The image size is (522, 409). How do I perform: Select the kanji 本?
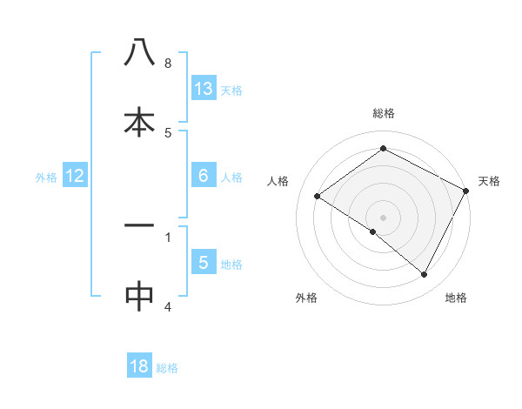point(139,122)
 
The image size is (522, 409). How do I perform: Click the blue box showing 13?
point(204,89)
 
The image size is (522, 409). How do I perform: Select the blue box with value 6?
point(204,176)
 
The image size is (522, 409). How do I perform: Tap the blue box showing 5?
point(204,263)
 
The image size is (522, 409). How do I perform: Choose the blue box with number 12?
point(75,176)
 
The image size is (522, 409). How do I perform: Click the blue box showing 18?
point(139,366)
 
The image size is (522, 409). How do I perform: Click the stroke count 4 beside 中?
point(168,306)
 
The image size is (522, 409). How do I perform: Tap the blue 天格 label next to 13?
point(231,91)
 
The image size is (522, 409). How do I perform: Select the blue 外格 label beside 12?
point(46,178)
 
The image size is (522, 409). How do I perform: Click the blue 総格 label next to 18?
point(167,368)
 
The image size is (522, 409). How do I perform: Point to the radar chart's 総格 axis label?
point(384,113)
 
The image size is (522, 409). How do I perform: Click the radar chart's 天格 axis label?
point(489,181)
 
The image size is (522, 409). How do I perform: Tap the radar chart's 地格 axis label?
point(456,298)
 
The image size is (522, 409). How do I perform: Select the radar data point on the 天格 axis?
point(466,191)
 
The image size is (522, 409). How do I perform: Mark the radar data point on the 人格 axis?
point(318,196)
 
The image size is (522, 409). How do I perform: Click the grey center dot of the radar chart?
point(384,217)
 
